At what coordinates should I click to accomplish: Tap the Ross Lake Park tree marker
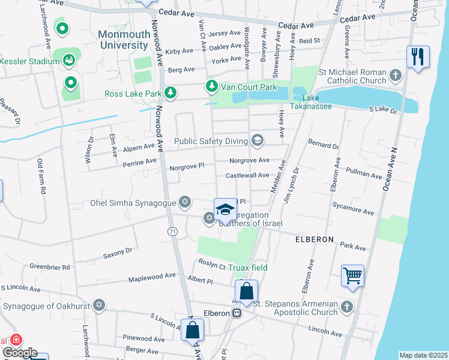point(171,93)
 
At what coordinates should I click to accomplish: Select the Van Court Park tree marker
point(211,87)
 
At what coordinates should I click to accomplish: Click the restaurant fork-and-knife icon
point(418,57)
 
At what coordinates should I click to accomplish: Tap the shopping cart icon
point(352,277)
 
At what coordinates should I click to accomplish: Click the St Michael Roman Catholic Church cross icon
point(395,76)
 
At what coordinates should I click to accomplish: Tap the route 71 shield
point(173,231)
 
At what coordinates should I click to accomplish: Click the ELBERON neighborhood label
point(314,239)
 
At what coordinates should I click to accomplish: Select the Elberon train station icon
point(238,313)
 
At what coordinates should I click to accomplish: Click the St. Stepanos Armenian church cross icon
point(346,308)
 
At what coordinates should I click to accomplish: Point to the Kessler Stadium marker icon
point(70,60)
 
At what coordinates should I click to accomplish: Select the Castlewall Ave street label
point(247,175)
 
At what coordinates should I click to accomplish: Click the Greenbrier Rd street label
point(50,266)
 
